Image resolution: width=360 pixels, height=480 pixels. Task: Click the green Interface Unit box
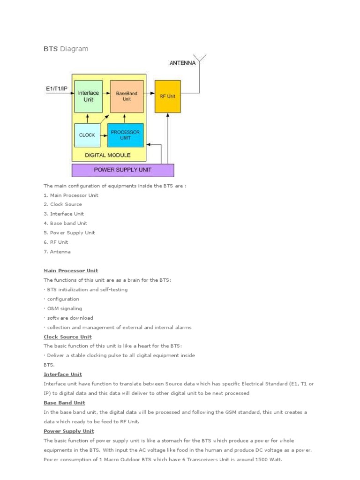pyautogui.click(x=88, y=96)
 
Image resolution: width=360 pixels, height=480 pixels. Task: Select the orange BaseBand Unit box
pyautogui.click(x=126, y=96)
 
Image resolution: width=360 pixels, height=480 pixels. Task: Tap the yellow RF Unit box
pyautogui.click(x=168, y=96)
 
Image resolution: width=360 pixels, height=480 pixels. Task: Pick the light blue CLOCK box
pyautogui.click(x=87, y=135)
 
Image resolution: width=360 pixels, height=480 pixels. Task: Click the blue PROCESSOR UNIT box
pyautogui.click(x=126, y=135)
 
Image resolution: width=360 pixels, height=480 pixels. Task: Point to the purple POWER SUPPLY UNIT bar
pyautogui.click(x=123, y=170)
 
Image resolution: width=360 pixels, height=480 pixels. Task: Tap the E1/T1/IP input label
pyautogui.click(x=56, y=88)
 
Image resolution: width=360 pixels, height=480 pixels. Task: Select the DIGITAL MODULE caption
pyautogui.click(x=107, y=155)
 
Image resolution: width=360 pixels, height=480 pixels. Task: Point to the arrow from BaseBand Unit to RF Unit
pyautogui.click(x=149, y=93)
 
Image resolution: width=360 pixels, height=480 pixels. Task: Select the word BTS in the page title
pyautogui.click(x=51, y=49)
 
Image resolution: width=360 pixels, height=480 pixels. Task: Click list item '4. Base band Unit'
pyautogui.click(x=65, y=223)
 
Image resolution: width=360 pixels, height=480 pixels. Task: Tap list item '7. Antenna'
pyautogui.click(x=57, y=252)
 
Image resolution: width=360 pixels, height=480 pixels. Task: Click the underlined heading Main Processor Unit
pyautogui.click(x=71, y=270)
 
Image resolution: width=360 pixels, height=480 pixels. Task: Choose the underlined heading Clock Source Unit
pyautogui.click(x=67, y=337)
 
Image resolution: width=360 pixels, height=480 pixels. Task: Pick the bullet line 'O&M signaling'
pyautogui.click(x=64, y=308)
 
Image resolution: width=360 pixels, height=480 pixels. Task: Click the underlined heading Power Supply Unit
pyautogui.click(x=69, y=431)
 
